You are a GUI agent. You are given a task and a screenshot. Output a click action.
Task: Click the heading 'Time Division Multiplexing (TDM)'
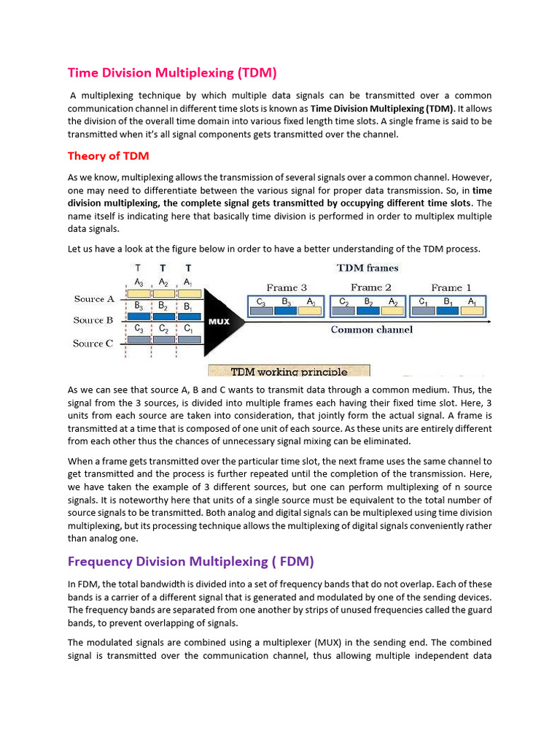coord(172,72)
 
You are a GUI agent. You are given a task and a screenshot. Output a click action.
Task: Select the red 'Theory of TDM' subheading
coord(108,155)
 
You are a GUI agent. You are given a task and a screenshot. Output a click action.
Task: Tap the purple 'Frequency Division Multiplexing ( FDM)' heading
coord(191,561)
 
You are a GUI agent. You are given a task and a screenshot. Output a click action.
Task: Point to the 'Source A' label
coord(94,299)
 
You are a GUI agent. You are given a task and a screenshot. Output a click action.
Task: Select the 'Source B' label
coord(93,320)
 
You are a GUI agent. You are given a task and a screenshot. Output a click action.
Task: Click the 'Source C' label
coord(93,344)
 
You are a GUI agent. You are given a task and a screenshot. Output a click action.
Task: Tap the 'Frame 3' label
coord(287,287)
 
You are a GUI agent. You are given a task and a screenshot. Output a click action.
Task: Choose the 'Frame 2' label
coord(370,287)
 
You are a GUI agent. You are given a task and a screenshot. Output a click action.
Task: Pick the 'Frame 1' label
coord(451,287)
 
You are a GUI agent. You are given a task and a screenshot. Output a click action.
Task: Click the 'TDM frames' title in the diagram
coord(367,268)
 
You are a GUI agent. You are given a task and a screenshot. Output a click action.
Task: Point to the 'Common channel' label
coord(371,330)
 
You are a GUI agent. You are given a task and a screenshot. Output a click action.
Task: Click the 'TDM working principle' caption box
coord(289,371)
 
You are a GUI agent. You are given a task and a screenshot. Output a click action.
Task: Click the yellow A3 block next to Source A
coord(139,293)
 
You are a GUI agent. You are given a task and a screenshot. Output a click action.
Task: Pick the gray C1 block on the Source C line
coord(188,339)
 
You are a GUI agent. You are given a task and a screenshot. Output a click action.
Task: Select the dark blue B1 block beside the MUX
coord(188,317)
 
